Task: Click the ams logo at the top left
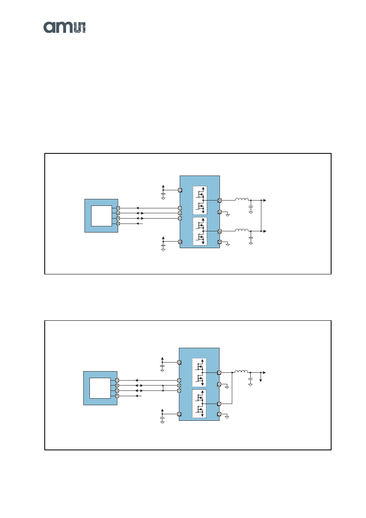(64, 27)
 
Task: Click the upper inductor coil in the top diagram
(242, 199)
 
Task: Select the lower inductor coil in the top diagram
(242, 230)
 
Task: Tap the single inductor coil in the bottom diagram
(241, 371)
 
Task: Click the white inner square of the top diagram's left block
(101, 216)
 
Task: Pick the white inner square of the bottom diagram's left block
(100, 388)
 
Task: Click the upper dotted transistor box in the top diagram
(200, 200)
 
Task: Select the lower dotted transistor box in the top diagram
(200, 231)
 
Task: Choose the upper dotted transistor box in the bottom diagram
(199, 372)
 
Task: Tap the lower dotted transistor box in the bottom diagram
(199, 404)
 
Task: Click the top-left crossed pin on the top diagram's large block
(180, 190)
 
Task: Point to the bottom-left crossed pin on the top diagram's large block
(180, 242)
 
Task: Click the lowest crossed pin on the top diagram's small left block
(118, 224)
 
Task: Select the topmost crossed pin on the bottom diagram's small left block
(117, 381)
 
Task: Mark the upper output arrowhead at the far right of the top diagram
(265, 200)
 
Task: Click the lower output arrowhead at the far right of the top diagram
(265, 231)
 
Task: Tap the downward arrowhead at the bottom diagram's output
(261, 381)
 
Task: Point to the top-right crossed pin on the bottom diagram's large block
(220, 372)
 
